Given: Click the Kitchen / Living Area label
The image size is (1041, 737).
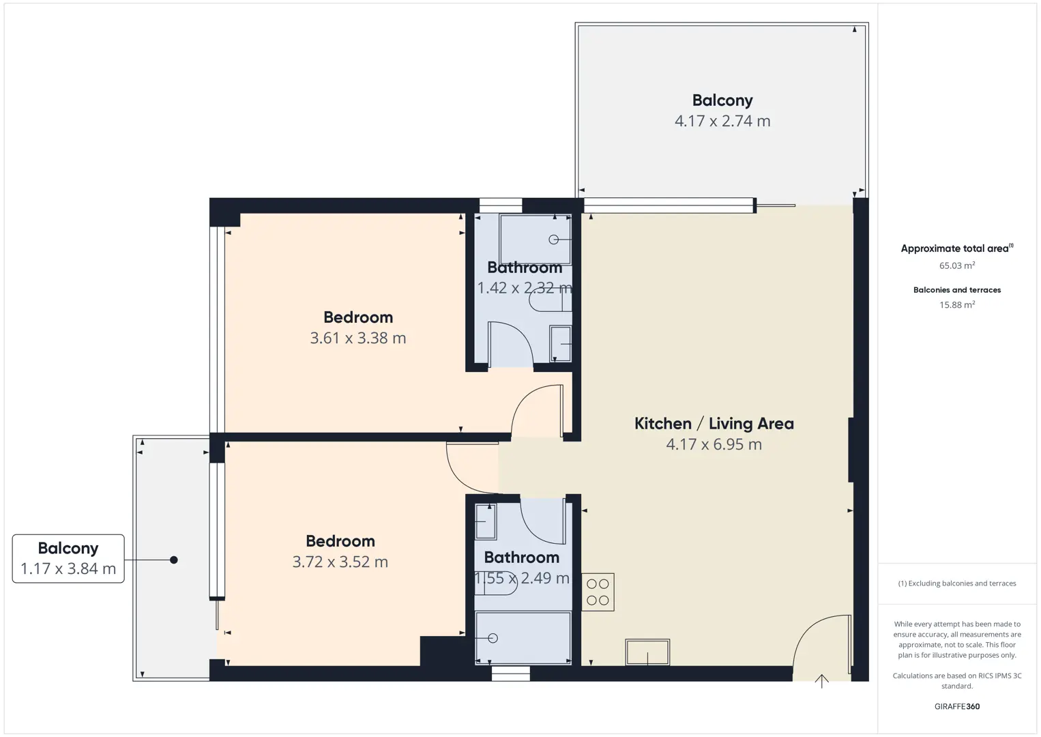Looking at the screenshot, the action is tap(714, 424).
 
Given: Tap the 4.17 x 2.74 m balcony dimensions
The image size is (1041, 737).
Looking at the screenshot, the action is tap(722, 121).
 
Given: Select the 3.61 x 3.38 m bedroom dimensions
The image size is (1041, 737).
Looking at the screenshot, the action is tap(358, 338).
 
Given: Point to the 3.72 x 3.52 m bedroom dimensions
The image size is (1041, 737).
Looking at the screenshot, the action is tap(340, 562).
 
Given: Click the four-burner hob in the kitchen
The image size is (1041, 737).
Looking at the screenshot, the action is tap(598, 592).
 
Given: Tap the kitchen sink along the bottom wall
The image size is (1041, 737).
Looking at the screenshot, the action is tap(647, 652).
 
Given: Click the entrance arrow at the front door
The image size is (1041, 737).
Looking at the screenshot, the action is tap(821, 681).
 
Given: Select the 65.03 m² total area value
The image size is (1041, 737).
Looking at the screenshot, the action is tap(957, 265).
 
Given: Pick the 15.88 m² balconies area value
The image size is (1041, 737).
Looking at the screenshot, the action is tap(957, 304).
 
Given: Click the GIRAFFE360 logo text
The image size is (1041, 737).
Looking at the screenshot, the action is tap(957, 706).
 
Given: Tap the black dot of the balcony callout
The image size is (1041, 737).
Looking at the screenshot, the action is tap(174, 560).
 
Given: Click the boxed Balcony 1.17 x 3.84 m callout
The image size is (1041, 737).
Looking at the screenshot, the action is tap(68, 558).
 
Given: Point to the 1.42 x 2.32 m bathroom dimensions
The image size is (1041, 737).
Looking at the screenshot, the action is tap(525, 288).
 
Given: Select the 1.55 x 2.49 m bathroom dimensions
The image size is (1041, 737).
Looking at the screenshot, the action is tap(521, 578).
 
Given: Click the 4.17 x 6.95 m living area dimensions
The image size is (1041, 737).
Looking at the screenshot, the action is tap(714, 444).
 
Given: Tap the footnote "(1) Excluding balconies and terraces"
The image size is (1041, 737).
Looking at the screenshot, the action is tap(957, 583).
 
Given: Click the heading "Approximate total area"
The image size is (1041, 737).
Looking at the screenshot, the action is tap(957, 248).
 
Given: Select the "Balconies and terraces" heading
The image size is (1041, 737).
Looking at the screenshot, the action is tap(957, 290).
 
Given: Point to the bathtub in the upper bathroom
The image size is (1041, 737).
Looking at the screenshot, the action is tap(536, 240).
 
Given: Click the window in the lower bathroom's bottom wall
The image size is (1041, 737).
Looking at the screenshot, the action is tap(511, 674).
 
